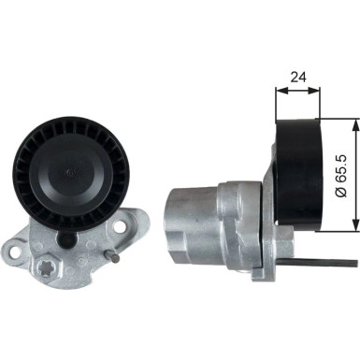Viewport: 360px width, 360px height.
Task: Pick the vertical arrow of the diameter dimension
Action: point(355,173)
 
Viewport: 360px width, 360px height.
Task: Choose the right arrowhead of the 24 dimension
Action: point(318,91)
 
